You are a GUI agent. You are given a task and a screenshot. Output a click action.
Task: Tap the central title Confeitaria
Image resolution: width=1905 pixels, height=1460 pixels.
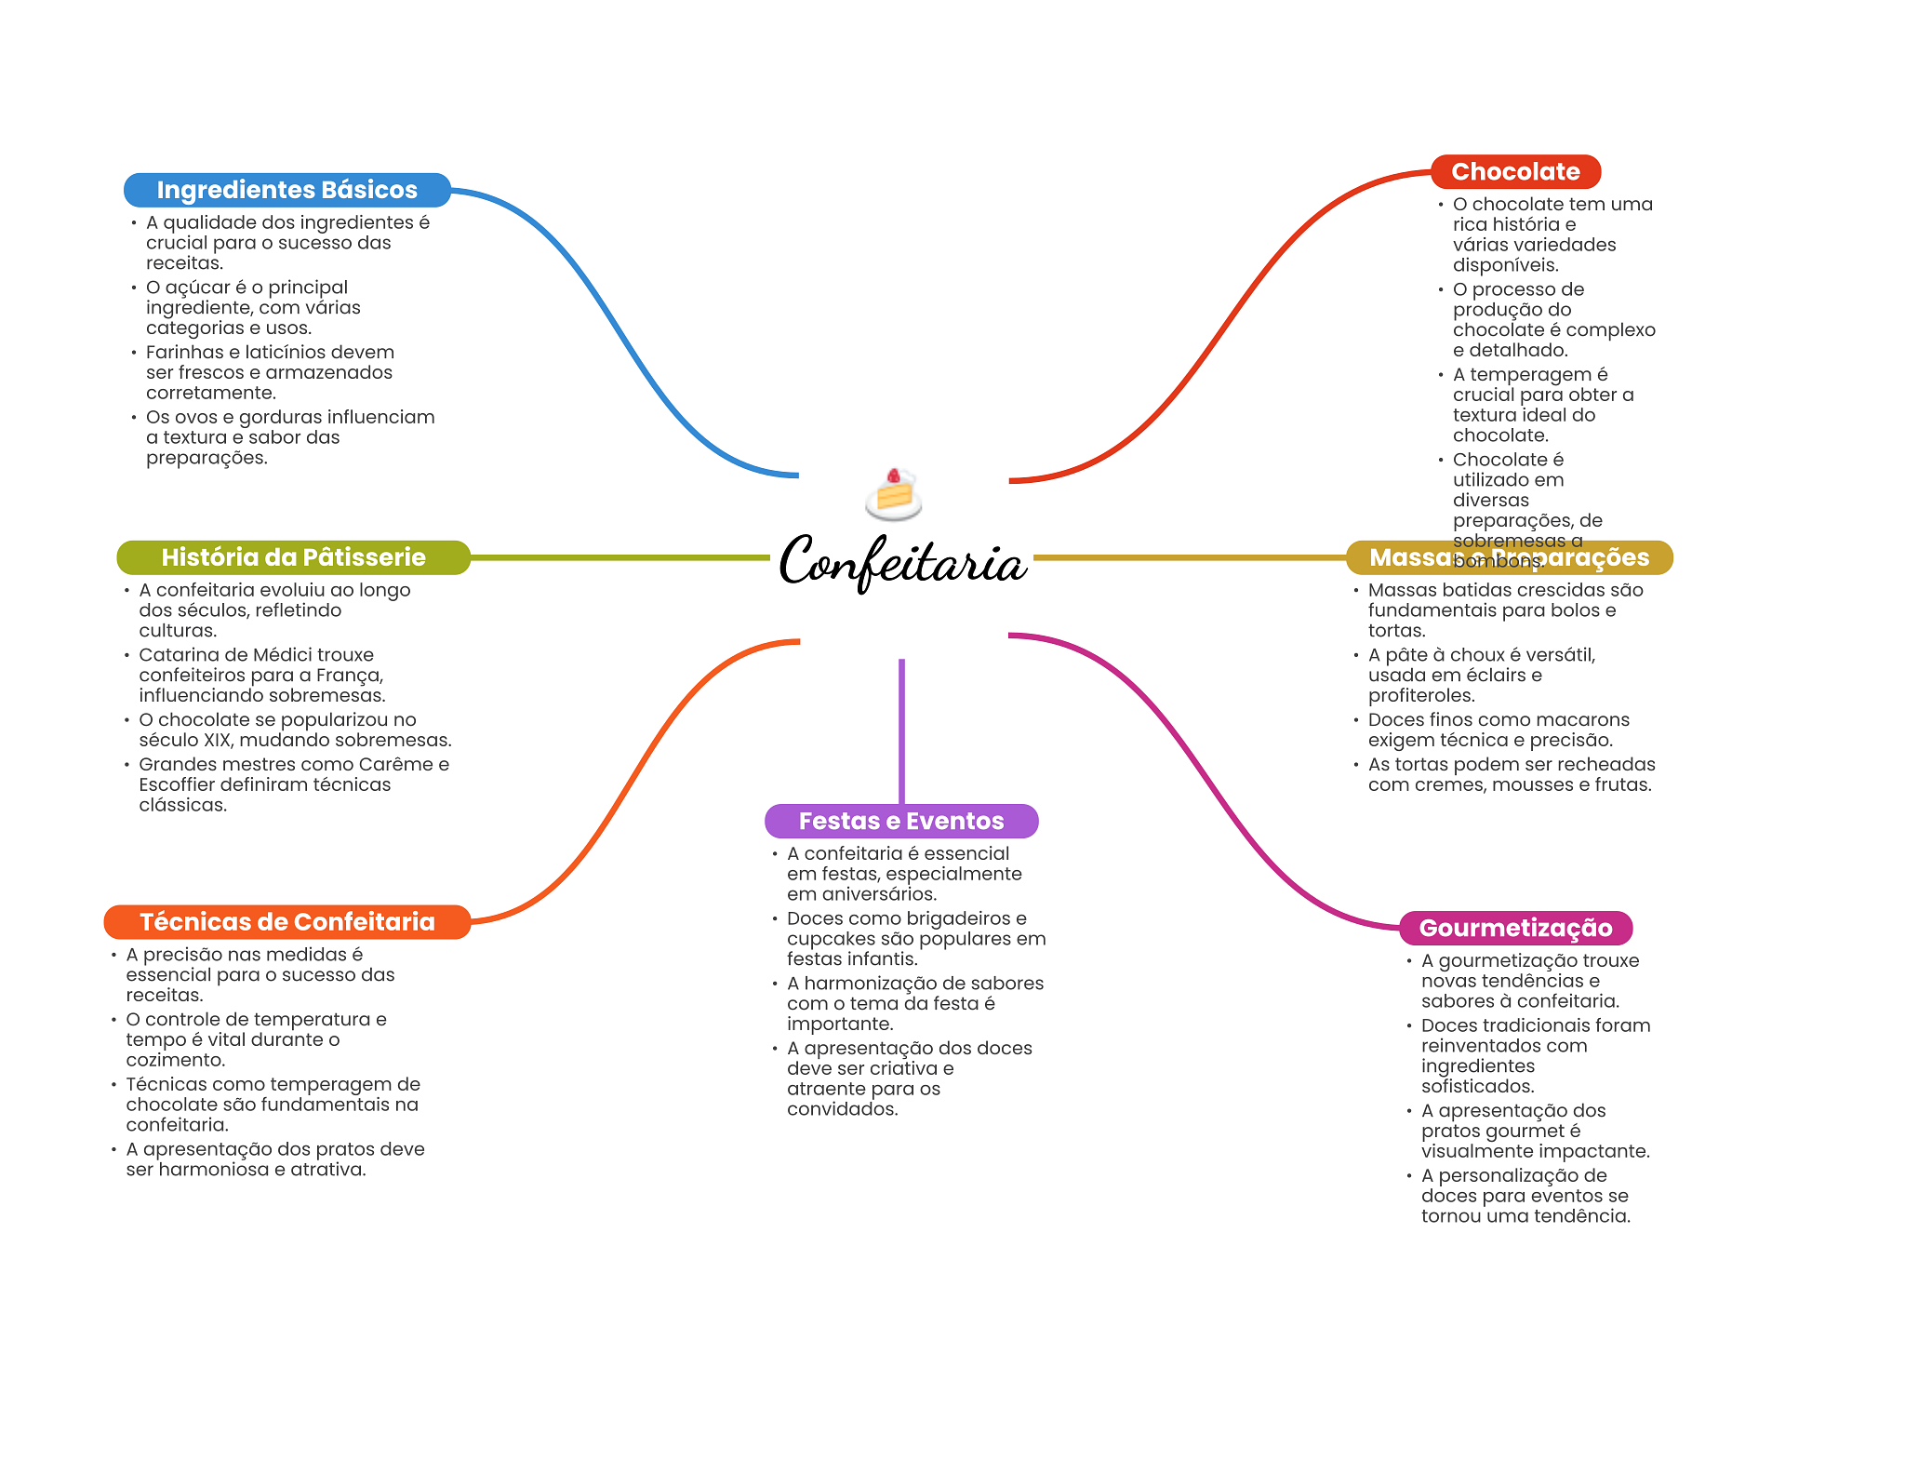[x=902, y=561]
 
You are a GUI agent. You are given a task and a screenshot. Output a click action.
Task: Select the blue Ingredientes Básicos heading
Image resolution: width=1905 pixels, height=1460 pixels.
[x=286, y=190]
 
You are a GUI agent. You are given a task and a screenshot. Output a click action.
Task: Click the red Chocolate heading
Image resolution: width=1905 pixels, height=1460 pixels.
[x=1515, y=172]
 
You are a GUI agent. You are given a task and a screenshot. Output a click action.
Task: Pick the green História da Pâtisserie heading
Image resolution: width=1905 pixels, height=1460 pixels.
[x=293, y=557]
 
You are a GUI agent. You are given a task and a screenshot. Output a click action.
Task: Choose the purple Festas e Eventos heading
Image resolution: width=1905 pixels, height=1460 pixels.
[x=900, y=821]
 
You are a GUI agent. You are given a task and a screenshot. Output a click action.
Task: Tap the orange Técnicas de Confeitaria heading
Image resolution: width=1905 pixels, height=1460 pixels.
[x=286, y=922]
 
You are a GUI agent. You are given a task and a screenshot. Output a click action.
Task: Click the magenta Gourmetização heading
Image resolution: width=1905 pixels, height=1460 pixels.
[x=1515, y=928]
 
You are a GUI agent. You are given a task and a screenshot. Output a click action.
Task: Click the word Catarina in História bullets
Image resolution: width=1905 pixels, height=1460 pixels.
[x=180, y=655]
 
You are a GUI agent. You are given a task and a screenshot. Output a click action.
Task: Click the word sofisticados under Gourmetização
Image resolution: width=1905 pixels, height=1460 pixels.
[x=1477, y=1086]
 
